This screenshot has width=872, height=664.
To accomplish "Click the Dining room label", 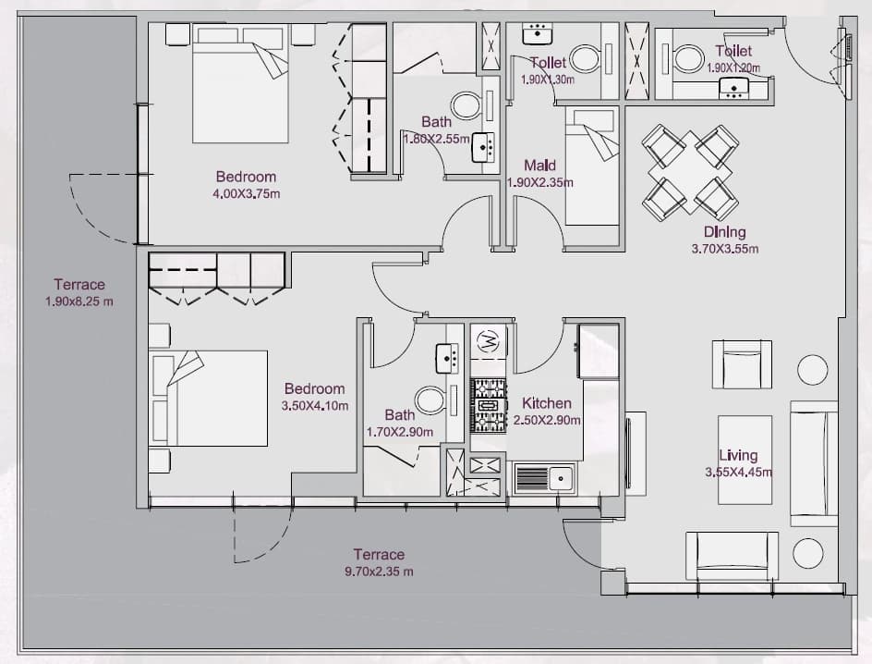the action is tap(724, 231).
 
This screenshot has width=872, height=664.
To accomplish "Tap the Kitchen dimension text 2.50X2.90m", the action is tap(547, 420).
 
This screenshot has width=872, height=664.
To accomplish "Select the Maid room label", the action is tap(539, 166).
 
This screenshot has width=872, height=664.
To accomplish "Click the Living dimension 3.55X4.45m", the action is tap(739, 473).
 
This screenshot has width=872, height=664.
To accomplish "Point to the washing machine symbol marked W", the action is tap(489, 340).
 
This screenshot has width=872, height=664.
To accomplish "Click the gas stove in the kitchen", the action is tap(489, 406).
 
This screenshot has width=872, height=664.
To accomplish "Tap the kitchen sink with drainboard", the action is tap(544, 478).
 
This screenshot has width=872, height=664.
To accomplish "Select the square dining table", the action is tap(690, 172).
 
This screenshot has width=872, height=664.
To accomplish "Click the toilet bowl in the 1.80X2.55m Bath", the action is tap(467, 105).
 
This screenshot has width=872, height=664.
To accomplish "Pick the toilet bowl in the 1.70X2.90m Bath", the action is tap(430, 400).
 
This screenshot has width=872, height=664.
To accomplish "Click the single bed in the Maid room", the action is tap(592, 166).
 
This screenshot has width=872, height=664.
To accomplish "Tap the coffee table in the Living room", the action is tap(745, 460).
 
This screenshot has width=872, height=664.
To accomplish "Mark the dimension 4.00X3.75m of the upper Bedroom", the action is tap(246, 194).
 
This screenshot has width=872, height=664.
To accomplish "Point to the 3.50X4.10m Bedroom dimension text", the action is tap(315, 406).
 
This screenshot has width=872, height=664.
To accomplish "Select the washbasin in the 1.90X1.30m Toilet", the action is tap(538, 33).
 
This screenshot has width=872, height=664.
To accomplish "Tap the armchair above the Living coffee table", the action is tap(742, 364).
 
